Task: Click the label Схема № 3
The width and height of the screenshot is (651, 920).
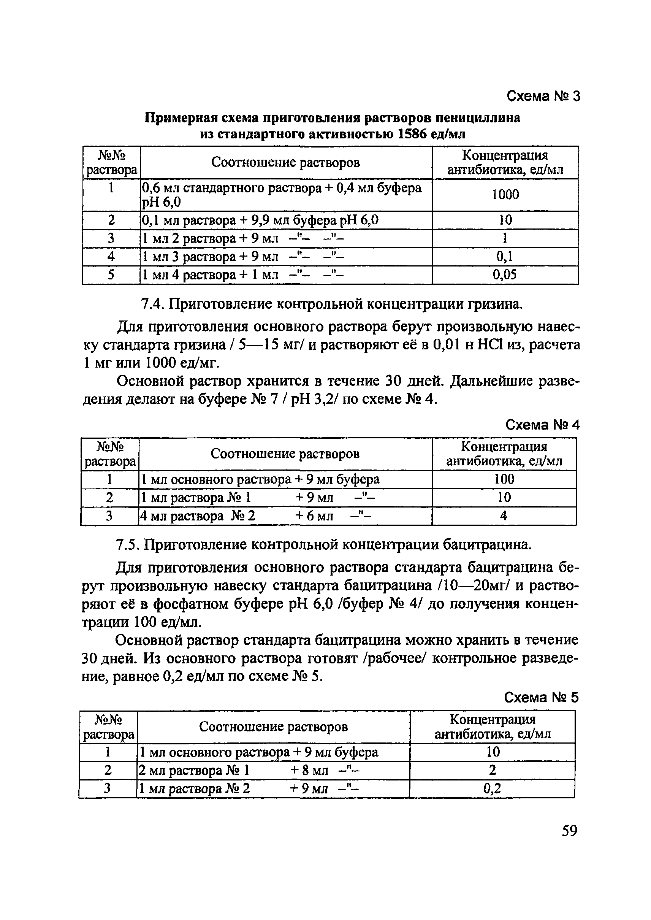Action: pos(543,96)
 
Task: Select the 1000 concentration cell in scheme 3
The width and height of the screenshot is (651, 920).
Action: pos(505,195)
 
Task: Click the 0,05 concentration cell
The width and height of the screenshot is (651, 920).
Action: pos(505,275)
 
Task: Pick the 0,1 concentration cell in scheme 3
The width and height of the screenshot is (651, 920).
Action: pos(505,256)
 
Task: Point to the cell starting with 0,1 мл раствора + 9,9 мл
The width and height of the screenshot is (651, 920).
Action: pos(261,220)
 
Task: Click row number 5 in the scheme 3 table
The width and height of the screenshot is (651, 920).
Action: pos(111,275)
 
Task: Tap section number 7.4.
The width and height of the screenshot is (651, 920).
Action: pos(153,305)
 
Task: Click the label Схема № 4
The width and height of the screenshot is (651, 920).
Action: pos(542,425)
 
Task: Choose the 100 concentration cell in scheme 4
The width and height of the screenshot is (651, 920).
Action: pos(504,479)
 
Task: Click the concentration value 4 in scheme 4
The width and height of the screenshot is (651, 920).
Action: pos(504,516)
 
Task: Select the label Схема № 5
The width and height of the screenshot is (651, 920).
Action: pos(541,698)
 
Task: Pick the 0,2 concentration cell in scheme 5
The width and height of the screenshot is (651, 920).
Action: pos(492,789)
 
